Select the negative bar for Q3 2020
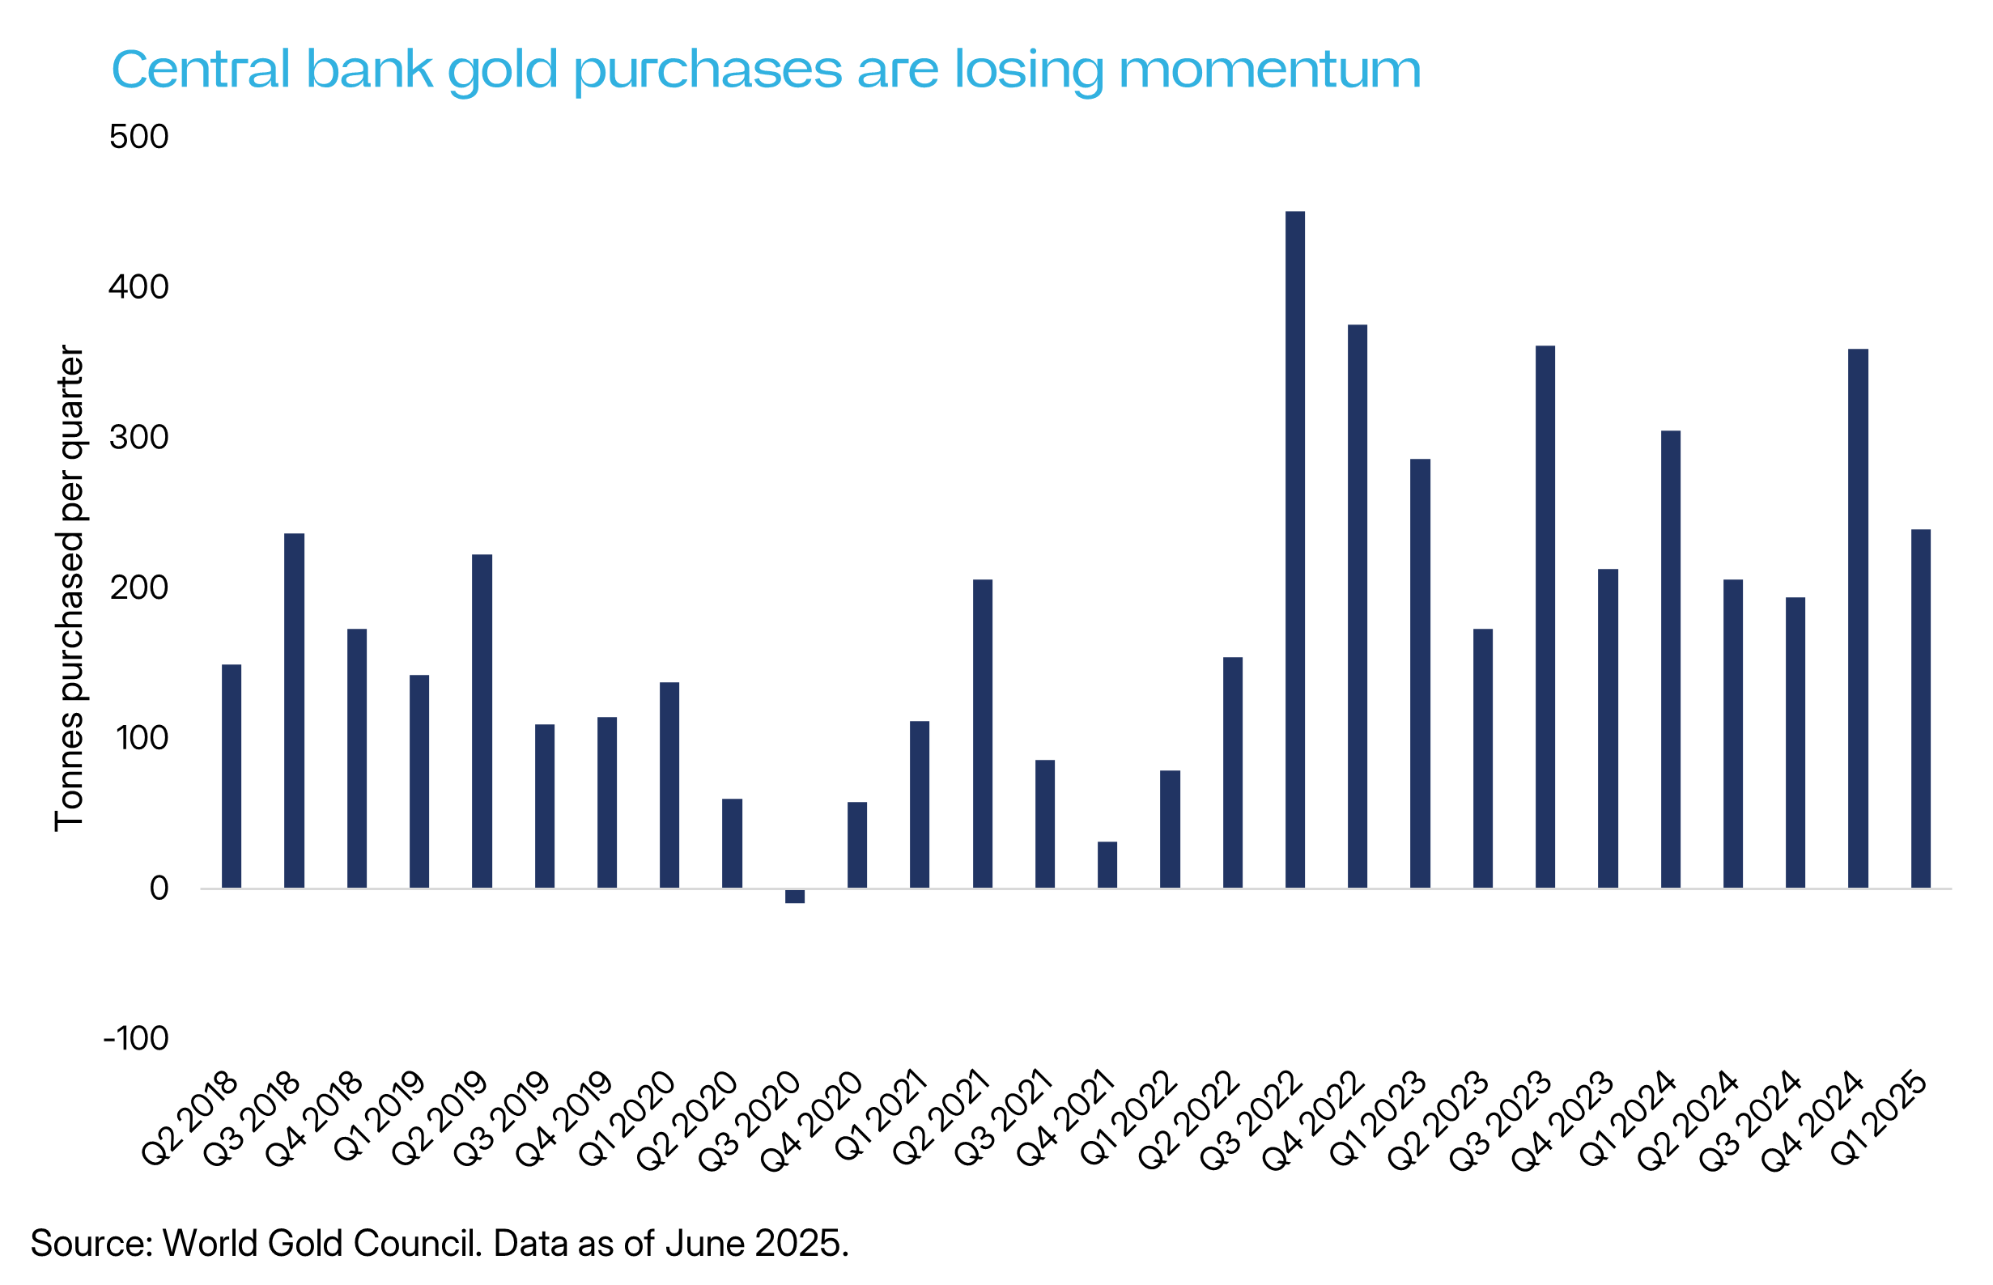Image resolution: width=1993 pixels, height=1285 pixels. pos(795,896)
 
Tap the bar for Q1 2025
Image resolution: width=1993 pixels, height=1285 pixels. pos(1920,708)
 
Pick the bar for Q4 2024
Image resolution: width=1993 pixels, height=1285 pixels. pos(1858,618)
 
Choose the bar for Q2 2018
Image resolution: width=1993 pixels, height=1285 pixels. pos(232,776)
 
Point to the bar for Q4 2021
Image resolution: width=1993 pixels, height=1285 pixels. pos(1107,864)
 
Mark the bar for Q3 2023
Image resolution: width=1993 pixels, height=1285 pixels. pos(1545,617)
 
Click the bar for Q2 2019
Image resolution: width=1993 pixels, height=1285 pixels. pos(482,721)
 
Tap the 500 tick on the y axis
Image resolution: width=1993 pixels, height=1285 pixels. pos(138,137)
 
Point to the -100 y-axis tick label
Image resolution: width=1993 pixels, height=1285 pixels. pos(135,1039)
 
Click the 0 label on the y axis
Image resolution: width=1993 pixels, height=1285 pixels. pos(159,888)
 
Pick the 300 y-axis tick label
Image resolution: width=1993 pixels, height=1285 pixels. pos(138,437)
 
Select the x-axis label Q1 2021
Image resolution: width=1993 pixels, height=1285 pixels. pos(884,1116)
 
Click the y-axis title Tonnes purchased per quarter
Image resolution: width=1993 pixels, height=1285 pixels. pos(70,588)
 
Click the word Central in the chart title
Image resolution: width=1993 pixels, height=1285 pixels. pos(201,70)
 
